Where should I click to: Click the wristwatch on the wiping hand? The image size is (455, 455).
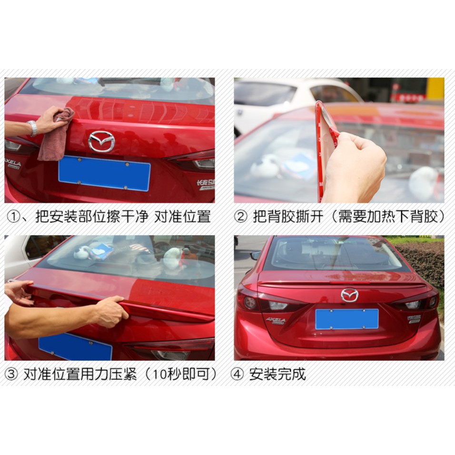(x=32, y=128)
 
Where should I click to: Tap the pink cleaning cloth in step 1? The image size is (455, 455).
(x=55, y=136)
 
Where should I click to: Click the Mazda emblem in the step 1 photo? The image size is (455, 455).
(x=101, y=141)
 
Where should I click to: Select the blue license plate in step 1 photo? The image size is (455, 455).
(x=104, y=173)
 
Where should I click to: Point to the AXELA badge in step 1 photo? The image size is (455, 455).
(x=13, y=163)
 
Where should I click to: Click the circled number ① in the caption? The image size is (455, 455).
(x=13, y=218)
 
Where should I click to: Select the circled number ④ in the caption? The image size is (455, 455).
(x=237, y=374)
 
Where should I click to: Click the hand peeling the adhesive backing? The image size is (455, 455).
(x=357, y=167)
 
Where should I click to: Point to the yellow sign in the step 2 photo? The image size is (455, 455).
(x=435, y=89)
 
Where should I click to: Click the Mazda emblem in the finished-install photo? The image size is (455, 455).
(x=349, y=295)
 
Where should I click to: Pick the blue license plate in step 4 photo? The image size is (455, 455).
(x=347, y=319)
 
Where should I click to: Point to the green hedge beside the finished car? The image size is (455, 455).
(x=424, y=262)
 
